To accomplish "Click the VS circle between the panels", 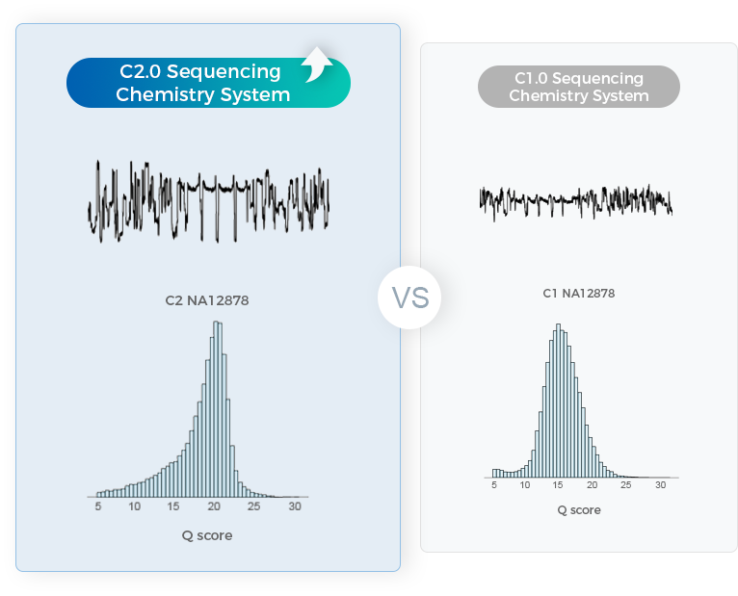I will click(x=409, y=298).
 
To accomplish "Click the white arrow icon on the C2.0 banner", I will click(x=316, y=67).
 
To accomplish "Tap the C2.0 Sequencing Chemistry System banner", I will click(x=202, y=83).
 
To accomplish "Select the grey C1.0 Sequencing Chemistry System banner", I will click(x=578, y=87).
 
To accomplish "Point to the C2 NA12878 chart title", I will click(x=207, y=300).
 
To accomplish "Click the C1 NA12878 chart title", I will click(x=578, y=293).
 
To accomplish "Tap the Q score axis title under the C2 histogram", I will click(x=207, y=535).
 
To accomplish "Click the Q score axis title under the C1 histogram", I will click(x=579, y=510).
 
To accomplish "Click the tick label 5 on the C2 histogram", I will click(x=98, y=506).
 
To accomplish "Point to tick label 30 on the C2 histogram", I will click(x=295, y=506).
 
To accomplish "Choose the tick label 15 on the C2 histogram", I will click(x=174, y=506).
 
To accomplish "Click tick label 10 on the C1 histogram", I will click(x=525, y=486).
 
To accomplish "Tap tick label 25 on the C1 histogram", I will click(x=626, y=486).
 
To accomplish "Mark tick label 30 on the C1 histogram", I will click(x=661, y=486).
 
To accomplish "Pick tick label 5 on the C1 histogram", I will click(x=494, y=486).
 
